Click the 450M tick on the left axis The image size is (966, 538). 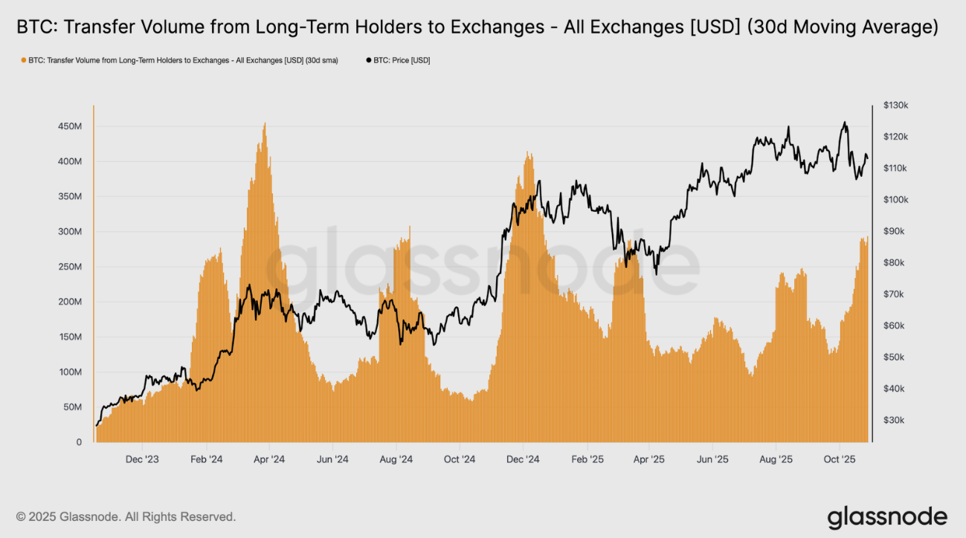pyautogui.click(x=71, y=126)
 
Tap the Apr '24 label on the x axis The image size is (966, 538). pyautogui.click(x=269, y=459)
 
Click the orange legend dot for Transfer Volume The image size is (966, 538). pyautogui.click(x=24, y=60)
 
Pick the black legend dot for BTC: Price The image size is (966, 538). pyautogui.click(x=370, y=60)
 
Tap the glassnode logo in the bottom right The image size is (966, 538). pyautogui.click(x=887, y=516)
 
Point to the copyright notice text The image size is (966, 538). pyautogui.click(x=126, y=516)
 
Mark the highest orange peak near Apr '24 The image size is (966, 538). pyautogui.click(x=265, y=124)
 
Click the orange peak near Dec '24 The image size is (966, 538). pyautogui.click(x=528, y=154)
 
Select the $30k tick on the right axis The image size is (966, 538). pyautogui.click(x=893, y=420)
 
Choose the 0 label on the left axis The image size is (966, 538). pyautogui.click(x=79, y=442)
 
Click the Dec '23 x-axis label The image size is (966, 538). pyautogui.click(x=142, y=459)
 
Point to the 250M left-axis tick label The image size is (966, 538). pyautogui.click(x=71, y=267)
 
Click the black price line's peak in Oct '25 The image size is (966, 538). pyautogui.click(x=844, y=123)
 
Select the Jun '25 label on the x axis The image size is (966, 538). pyautogui.click(x=712, y=459)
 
